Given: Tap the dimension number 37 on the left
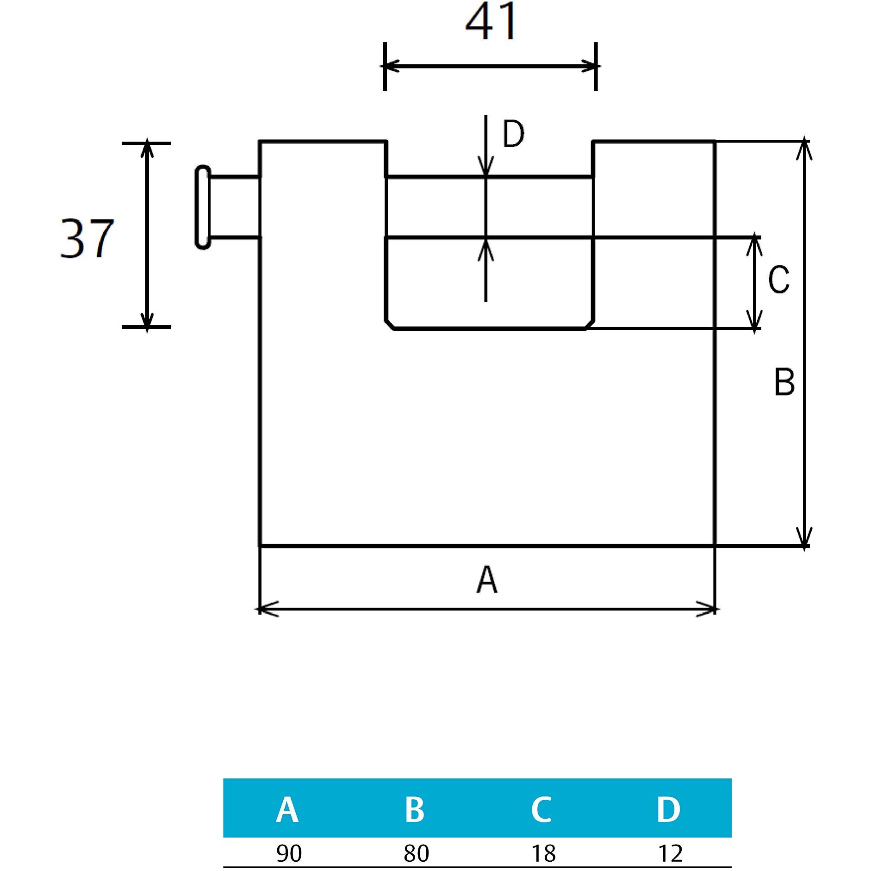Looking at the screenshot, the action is [x=87, y=239].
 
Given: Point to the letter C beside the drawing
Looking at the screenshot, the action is [x=778, y=280].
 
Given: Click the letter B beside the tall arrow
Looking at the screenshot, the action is [x=784, y=382].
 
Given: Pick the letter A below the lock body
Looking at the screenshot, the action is [x=487, y=580].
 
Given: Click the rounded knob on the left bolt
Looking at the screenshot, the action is [x=203, y=207].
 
